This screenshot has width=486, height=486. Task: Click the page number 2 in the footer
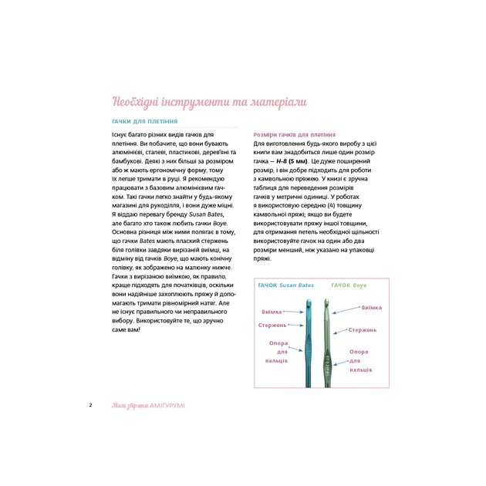pyautogui.click(x=91, y=405)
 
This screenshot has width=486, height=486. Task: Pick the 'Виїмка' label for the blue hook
pyautogui.click(x=272, y=312)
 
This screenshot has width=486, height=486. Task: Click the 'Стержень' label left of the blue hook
pyautogui.click(x=273, y=325)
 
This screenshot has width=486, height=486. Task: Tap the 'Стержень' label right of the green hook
pyautogui.click(x=363, y=329)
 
